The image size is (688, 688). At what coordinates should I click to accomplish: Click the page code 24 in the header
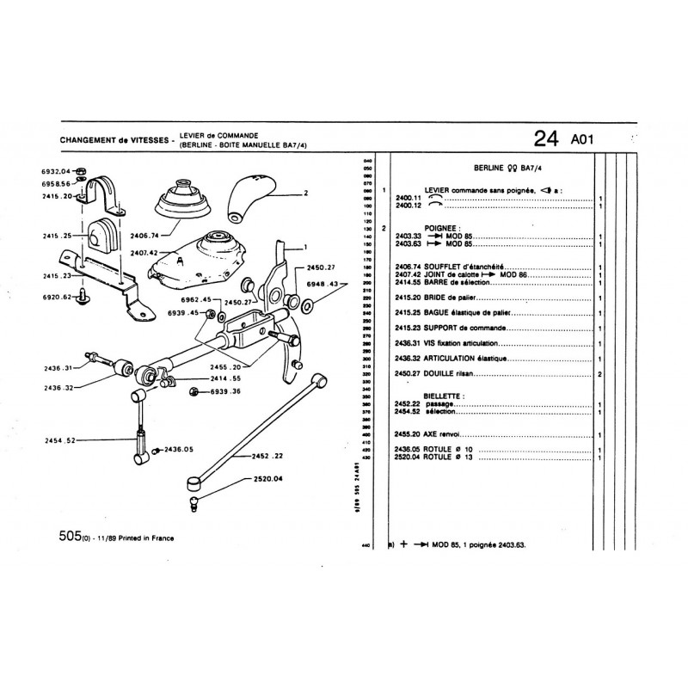[545, 139]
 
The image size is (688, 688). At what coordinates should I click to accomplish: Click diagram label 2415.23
[57, 277]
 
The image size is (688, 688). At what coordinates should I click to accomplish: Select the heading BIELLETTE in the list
[445, 396]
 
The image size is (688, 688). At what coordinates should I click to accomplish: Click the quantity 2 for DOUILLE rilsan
[599, 375]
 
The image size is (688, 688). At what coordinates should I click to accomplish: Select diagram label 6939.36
[224, 392]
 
